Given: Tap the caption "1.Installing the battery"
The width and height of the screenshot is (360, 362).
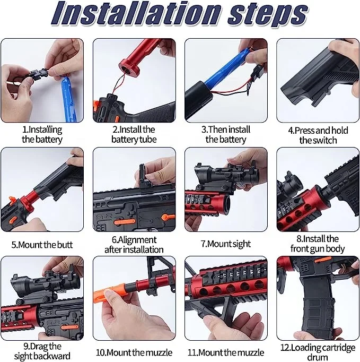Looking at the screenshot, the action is [x=42, y=135].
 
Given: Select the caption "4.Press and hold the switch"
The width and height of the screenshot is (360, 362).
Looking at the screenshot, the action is [x=318, y=135].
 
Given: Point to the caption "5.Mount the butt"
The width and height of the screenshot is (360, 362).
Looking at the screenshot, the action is [x=42, y=245].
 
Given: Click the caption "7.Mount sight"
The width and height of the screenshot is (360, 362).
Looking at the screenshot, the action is [x=226, y=244].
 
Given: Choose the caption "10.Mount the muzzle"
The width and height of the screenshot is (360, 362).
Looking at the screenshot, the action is [x=134, y=352].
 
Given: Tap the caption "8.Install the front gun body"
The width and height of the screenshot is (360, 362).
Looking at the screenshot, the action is [x=318, y=244].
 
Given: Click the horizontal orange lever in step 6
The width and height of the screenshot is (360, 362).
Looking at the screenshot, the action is [x=125, y=222].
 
